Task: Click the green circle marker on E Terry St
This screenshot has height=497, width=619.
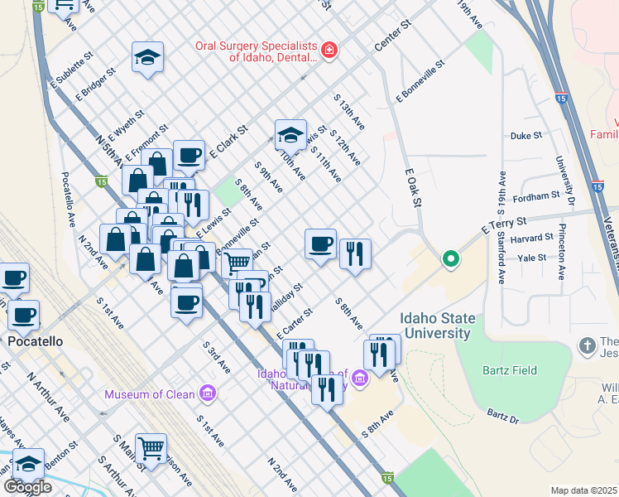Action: (450, 260)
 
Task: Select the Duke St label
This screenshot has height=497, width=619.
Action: (525, 135)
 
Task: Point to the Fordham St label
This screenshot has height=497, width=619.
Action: (535, 197)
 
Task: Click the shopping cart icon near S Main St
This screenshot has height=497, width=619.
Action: (151, 448)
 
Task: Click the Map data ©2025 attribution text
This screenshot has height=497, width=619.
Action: (584, 490)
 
